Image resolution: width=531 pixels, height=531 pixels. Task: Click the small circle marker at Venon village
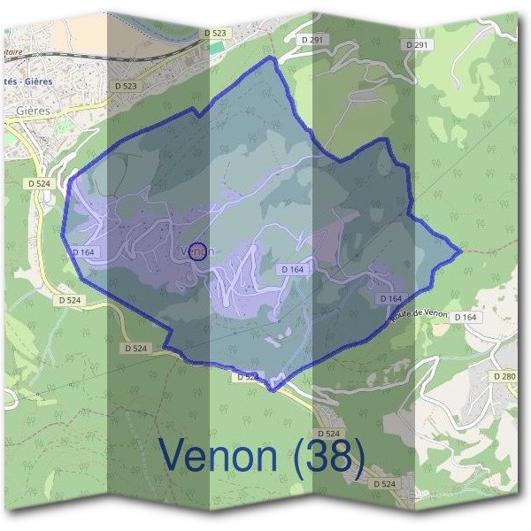click(x=198, y=250)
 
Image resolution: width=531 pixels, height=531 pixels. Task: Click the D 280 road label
click(x=504, y=377)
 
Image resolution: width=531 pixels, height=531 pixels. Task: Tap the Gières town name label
click(x=33, y=112)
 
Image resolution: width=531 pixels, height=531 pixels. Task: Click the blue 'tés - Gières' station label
click(x=27, y=81)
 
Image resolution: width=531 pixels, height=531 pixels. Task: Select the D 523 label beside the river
click(x=215, y=33)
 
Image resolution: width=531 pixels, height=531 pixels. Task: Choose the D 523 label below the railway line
click(x=127, y=86)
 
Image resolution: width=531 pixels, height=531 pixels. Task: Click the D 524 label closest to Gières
click(x=39, y=183)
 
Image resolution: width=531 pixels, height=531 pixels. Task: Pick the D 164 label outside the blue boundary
click(x=465, y=317)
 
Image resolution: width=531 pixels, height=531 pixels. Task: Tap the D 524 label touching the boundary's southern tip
click(x=249, y=377)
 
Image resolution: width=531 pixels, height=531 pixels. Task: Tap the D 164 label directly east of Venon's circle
click(x=293, y=269)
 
